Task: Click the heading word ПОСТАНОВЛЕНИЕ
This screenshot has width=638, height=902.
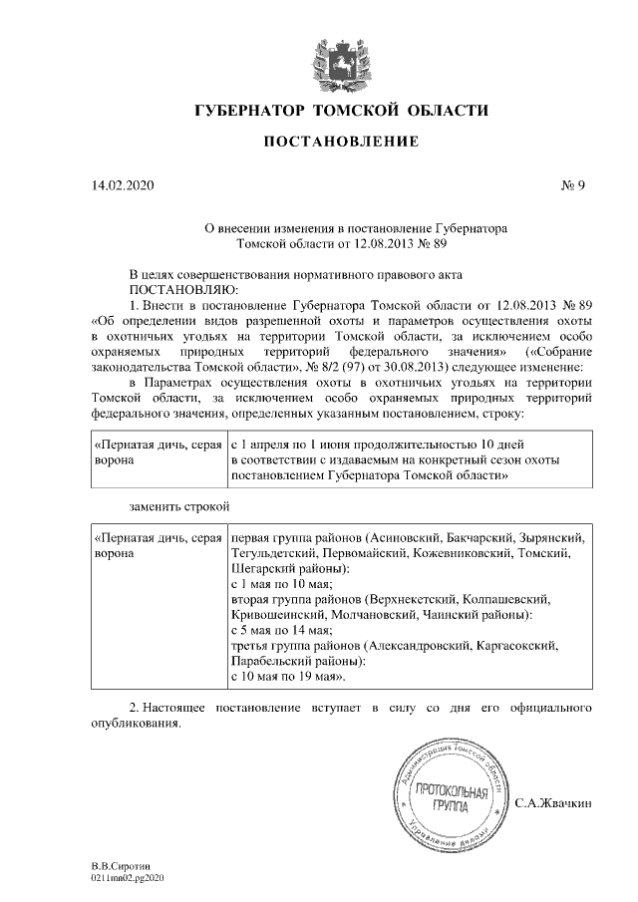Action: point(341,144)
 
